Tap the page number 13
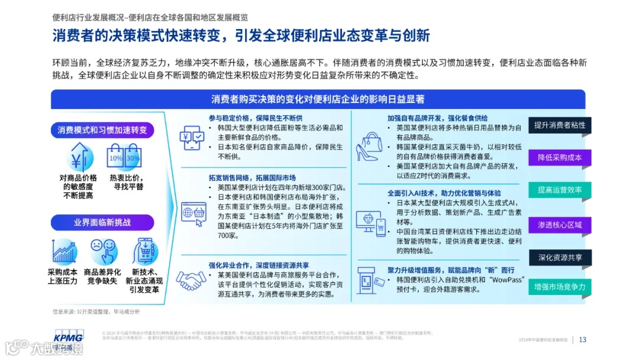coord(583,339)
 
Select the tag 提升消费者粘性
coord(559,125)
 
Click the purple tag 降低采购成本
coord(559,157)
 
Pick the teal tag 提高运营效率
coord(559,190)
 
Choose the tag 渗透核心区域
coord(559,225)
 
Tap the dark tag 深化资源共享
coord(559,258)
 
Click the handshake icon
coord(192,280)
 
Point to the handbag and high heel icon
coord(370,146)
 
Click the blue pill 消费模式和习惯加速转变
coord(102,130)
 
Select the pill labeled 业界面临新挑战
coord(102,223)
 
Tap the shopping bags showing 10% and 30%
coord(124,157)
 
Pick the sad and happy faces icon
coord(102,249)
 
